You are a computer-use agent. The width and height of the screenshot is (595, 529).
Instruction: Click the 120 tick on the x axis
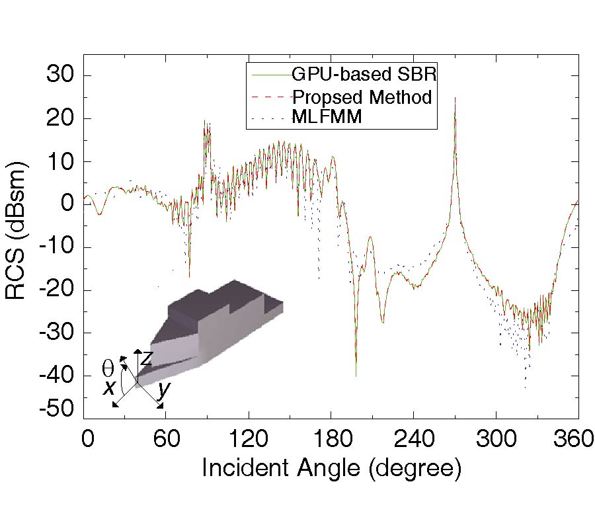pos(249,438)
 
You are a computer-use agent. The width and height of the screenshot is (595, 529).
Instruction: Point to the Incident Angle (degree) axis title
pos(331,468)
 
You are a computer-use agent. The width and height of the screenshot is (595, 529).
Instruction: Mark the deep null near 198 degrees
pos(356,375)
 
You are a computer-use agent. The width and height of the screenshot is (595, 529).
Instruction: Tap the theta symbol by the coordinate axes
pos(108,368)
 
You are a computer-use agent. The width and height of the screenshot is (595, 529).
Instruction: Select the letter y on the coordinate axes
pos(164,390)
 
